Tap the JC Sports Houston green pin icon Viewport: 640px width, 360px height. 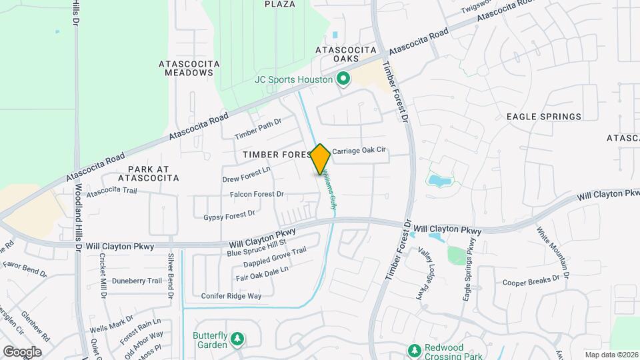[343, 80]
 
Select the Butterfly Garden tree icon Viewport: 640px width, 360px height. [237, 340]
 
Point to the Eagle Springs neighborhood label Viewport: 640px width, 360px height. [544, 117]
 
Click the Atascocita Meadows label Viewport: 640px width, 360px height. [189, 68]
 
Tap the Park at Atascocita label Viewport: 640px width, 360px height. [149, 173]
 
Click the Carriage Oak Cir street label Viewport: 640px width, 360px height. [359, 151]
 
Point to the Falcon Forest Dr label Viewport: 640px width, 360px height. [257, 195]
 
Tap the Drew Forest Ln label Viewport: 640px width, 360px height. [247, 175]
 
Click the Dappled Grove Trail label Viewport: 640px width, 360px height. [275, 257]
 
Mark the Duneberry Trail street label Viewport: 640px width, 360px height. [137, 281]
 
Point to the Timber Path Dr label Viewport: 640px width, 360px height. [258, 129]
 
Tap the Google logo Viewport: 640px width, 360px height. [22, 351]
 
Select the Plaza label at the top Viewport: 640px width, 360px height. [279, 4]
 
